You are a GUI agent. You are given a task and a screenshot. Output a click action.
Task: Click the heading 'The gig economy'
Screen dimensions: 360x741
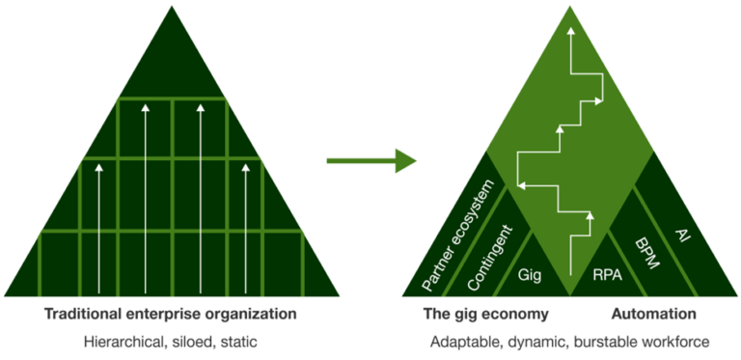485,315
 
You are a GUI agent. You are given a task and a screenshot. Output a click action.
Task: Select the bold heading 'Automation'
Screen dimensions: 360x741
654,315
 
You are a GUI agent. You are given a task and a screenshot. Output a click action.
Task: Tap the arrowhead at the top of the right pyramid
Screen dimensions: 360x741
571,32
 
